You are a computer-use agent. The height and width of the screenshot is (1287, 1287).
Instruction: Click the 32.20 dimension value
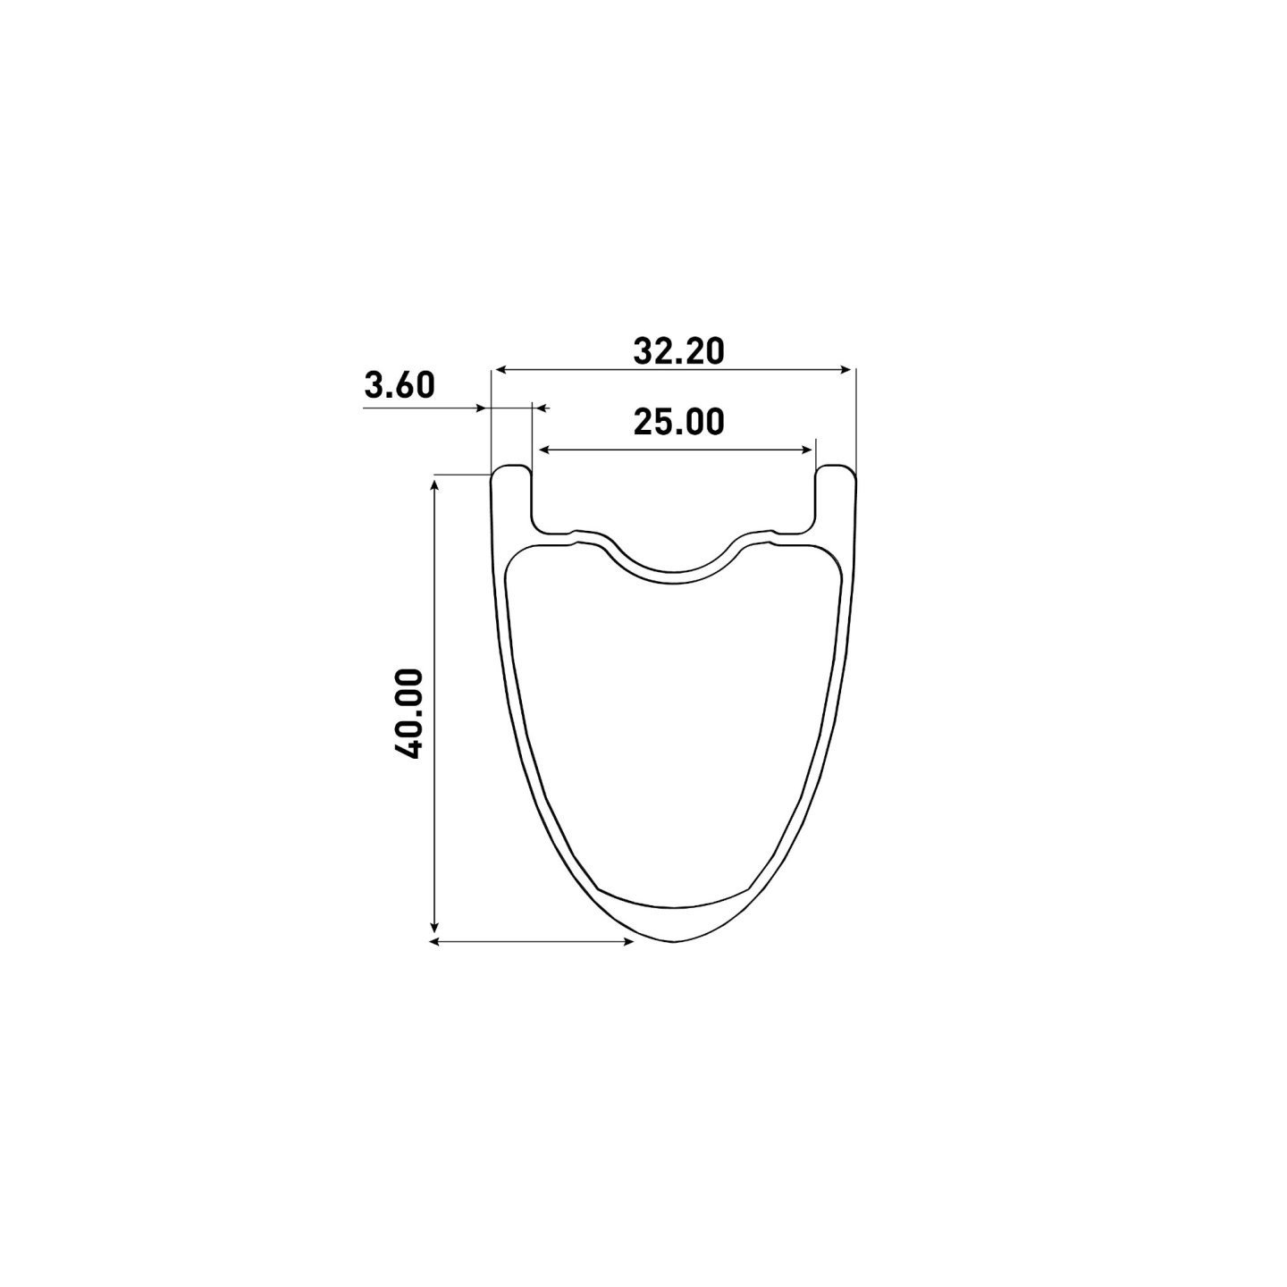[678, 351]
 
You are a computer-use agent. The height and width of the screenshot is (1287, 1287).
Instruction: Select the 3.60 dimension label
[400, 385]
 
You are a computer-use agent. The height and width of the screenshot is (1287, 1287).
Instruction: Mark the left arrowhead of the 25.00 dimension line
[542, 450]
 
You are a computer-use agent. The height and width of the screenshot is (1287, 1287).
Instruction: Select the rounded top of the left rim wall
[511, 467]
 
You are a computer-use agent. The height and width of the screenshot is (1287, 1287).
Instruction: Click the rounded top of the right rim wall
[835, 467]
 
